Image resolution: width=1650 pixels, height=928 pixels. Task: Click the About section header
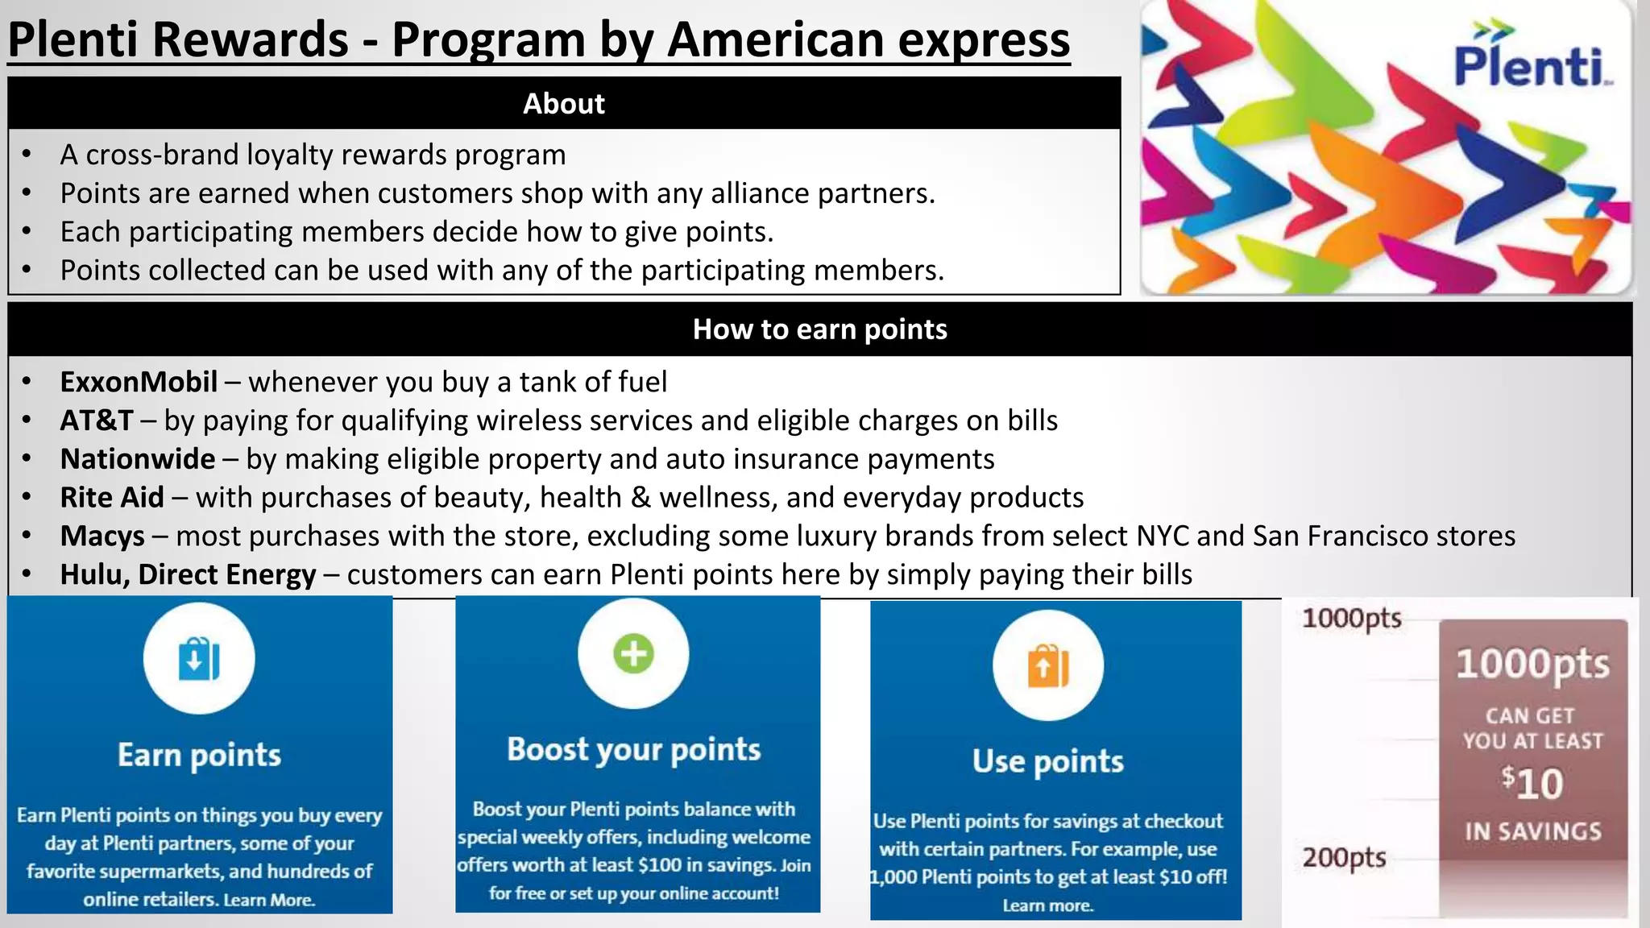point(564,104)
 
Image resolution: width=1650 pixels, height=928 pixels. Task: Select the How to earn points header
point(819,329)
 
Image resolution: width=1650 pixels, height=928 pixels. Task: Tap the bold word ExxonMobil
point(139,382)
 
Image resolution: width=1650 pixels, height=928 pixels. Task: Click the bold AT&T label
point(97,420)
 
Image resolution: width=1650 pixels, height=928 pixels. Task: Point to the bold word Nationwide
point(138,459)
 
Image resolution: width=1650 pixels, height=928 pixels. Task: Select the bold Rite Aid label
point(112,498)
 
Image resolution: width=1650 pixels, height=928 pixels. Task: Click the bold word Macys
point(102,536)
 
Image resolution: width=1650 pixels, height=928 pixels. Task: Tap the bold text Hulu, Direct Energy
point(188,575)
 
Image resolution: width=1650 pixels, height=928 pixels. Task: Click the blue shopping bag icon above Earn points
point(199,659)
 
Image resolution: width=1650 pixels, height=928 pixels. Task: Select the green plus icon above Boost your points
point(633,653)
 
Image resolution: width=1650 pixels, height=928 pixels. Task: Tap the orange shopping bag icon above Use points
point(1047,665)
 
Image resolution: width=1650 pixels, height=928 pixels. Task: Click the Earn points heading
point(199,756)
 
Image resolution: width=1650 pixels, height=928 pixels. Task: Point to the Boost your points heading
point(633,750)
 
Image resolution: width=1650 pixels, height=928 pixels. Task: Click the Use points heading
point(1047,761)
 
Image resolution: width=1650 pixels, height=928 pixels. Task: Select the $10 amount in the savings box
point(1532,784)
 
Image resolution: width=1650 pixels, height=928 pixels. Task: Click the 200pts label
point(1344,857)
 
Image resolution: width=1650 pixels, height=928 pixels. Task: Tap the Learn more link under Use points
point(1047,905)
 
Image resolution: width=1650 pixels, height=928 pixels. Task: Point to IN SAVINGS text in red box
point(1532,831)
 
